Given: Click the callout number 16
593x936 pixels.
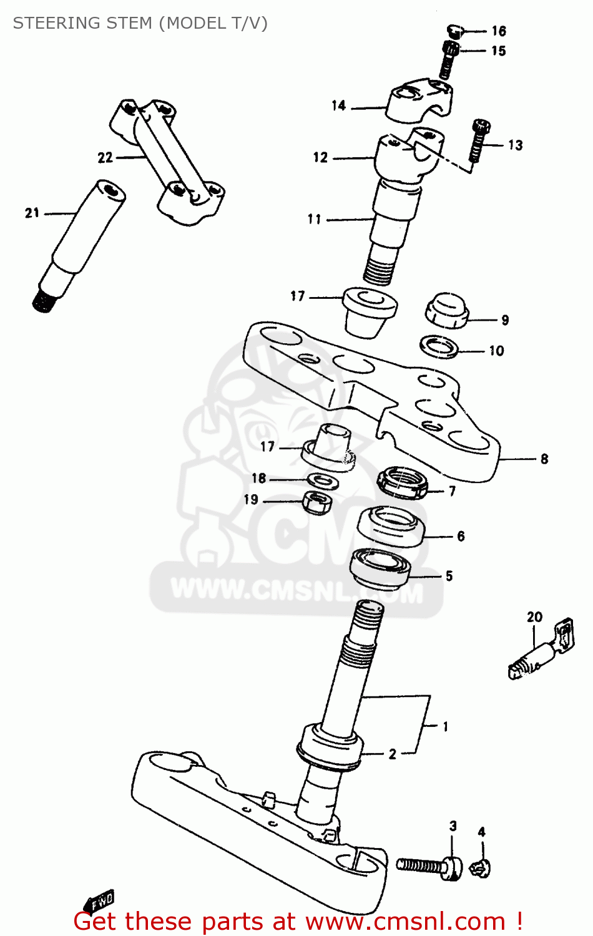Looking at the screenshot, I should coord(498,31).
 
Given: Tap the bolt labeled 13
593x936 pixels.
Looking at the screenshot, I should coord(478,140).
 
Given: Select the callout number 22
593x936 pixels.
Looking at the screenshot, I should coord(105,158).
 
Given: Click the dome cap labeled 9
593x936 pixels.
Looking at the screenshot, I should coord(447,310).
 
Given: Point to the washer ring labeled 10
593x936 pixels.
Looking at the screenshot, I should coord(439,346).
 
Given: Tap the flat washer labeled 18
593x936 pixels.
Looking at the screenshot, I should coord(323,480).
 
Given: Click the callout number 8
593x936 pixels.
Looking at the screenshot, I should coord(544,459).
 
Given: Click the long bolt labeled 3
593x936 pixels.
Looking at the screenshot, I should coord(429,866).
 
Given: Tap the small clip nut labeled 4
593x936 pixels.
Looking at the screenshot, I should coord(481,866).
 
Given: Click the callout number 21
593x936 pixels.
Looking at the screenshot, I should coord(32,213).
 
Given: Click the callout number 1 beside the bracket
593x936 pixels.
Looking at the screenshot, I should coord(445,726).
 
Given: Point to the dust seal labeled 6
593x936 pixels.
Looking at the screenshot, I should coord(391,527).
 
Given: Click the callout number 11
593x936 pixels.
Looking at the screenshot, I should coord(314,220).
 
